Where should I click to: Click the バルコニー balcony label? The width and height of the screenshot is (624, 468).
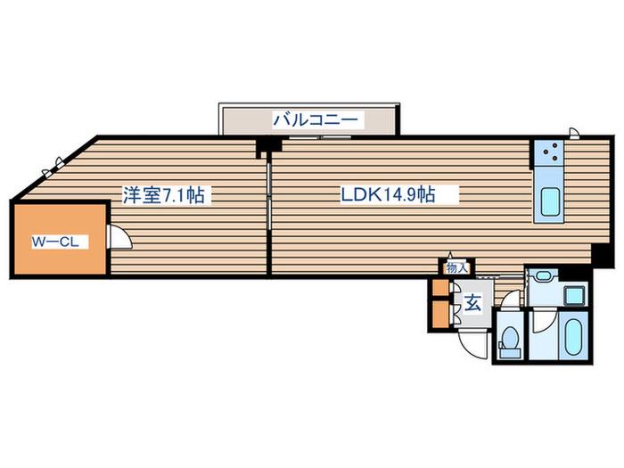[x=315, y=119]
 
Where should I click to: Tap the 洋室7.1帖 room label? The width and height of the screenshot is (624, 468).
[x=163, y=195]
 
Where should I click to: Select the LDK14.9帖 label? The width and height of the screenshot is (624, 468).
[x=388, y=194]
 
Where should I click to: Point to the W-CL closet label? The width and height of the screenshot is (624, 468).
[x=55, y=242]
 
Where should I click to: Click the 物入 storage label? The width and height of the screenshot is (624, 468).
[x=456, y=267]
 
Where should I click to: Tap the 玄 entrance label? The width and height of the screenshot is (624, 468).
[x=472, y=303]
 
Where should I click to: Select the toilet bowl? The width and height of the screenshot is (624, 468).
[x=510, y=338]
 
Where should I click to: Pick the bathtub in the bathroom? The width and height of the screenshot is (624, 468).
[x=574, y=338]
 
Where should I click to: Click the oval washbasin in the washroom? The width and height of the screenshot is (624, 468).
[x=542, y=275]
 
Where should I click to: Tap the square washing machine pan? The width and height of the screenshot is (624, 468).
[x=574, y=296]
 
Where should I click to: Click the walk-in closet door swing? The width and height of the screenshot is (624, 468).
[x=120, y=237]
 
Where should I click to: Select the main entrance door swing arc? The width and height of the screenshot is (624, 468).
[x=472, y=346]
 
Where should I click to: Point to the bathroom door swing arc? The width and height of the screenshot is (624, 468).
[x=542, y=322]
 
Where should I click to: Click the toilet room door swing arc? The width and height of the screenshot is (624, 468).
[x=511, y=300]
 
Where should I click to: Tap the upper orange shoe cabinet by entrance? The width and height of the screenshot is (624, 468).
[x=440, y=288]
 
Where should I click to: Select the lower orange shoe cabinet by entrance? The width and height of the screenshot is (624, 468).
[x=440, y=315]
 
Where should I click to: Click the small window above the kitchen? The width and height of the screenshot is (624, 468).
[x=573, y=133]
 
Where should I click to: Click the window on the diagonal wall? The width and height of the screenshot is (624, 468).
[x=53, y=168]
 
